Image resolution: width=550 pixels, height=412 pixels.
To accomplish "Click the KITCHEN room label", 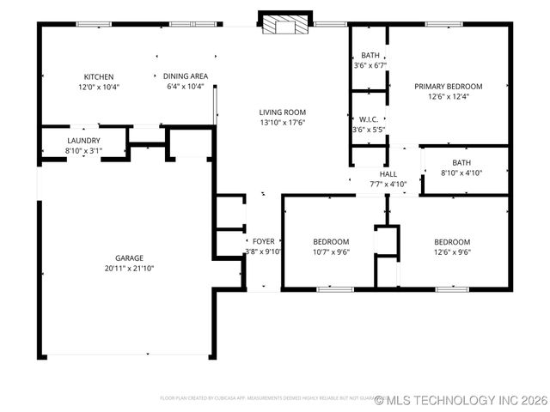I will [x=98, y=76].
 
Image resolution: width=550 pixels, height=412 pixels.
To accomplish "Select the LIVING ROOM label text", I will [x=283, y=112].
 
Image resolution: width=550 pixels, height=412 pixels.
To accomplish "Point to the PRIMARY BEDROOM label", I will [x=448, y=86].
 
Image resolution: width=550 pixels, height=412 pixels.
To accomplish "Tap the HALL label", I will [x=388, y=173].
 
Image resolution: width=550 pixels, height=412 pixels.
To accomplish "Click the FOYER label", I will [x=263, y=241].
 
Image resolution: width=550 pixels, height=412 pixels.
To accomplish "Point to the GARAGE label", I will [x=129, y=257].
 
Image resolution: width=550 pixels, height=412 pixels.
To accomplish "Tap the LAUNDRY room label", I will [x=83, y=141].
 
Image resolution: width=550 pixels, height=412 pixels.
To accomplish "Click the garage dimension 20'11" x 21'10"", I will [x=129, y=268].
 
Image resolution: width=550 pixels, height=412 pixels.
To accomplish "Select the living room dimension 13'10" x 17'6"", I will [x=283, y=122].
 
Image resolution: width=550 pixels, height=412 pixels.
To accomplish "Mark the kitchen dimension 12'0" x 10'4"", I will [x=98, y=87].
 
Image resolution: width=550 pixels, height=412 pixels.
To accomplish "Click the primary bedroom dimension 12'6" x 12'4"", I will [x=448, y=96].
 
